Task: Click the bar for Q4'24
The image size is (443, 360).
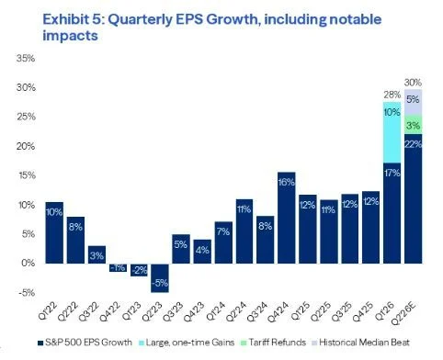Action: point(287,218)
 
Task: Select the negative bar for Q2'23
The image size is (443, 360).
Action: point(160,278)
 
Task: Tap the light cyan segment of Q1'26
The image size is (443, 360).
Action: point(392,132)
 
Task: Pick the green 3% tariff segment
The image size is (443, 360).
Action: point(413,125)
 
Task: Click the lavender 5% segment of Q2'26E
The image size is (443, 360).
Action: point(413,102)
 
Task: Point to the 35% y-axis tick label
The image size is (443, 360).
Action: point(26,58)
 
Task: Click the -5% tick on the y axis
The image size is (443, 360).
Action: point(27,292)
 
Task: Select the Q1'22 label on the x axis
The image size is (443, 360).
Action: point(49,310)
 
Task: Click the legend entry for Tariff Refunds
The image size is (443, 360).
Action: point(274,342)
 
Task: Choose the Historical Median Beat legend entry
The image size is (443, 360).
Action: point(360,342)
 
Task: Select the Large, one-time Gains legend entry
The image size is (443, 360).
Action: point(187,342)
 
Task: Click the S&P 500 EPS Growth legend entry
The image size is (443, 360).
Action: point(85,342)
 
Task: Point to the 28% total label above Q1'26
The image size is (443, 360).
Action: point(392,95)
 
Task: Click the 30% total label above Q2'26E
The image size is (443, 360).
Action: point(413,83)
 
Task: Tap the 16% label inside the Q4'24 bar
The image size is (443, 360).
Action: point(287,183)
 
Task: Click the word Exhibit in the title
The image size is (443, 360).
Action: point(65,19)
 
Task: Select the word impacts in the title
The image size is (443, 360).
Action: point(70,36)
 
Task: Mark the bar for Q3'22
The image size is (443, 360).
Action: point(97,254)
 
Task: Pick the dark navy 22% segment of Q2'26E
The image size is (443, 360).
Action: point(413,198)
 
